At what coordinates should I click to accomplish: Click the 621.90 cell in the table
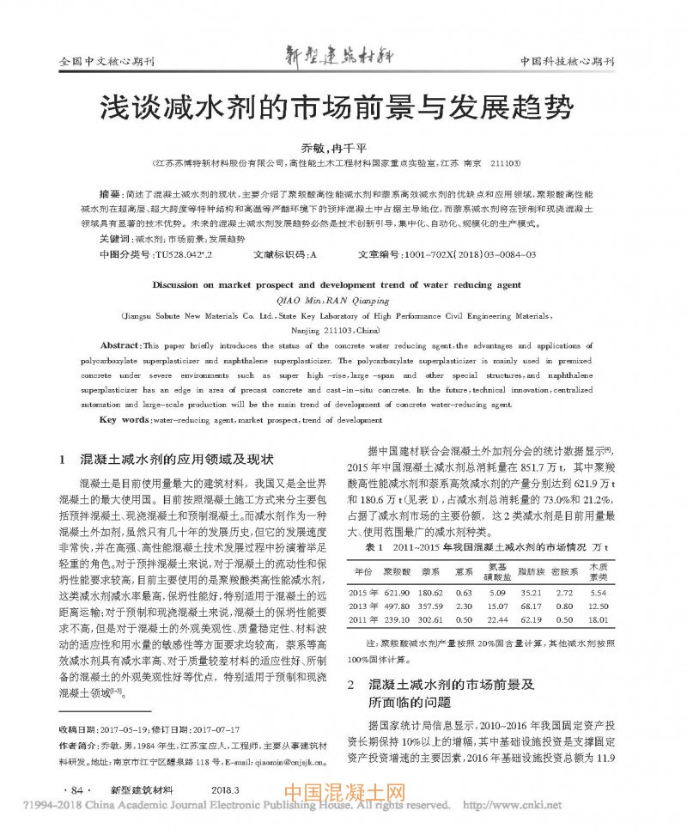click(x=395, y=593)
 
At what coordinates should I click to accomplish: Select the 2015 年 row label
click(x=363, y=593)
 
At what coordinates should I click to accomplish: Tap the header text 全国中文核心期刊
click(x=104, y=63)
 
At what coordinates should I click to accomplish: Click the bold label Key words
click(x=125, y=419)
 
